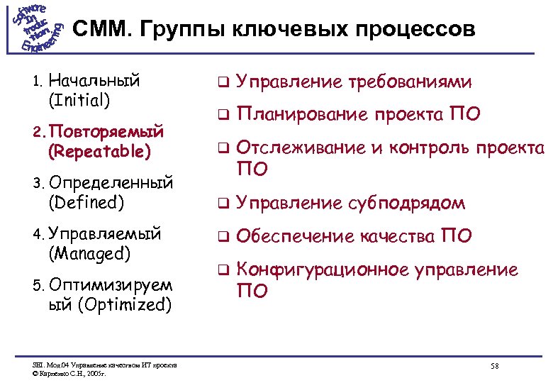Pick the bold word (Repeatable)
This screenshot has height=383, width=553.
(x=99, y=151)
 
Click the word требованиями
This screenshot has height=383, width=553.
(x=409, y=82)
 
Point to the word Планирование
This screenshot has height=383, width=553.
(x=301, y=114)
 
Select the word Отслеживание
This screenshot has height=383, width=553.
(x=301, y=148)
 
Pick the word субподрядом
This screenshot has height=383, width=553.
(x=406, y=204)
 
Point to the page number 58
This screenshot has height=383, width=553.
(x=495, y=365)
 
